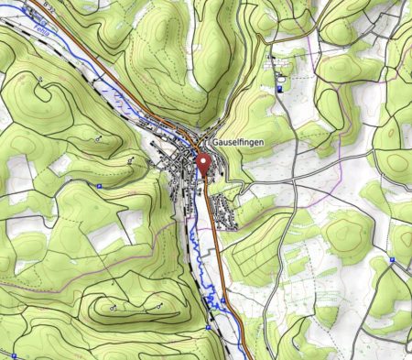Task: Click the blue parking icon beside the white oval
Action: point(279,90)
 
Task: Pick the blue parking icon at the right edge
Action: point(392,260)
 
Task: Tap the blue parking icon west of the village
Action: point(99,186)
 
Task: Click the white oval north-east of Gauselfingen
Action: point(275,58)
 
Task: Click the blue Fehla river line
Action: point(196,243)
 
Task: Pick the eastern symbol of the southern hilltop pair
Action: point(161,302)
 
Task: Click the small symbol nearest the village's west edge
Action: point(132,161)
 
